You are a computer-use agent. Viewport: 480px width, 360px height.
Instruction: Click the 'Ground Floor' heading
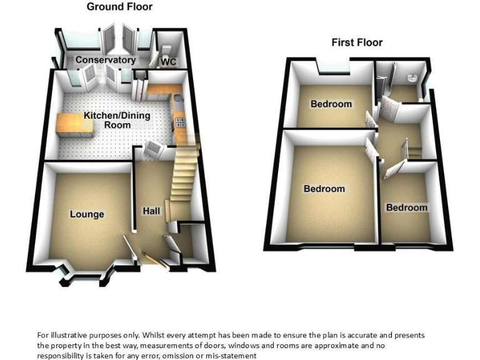[x=119, y=7]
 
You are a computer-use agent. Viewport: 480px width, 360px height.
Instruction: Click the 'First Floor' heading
[x=357, y=42]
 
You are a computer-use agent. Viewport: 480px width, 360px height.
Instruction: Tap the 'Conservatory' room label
[x=106, y=60]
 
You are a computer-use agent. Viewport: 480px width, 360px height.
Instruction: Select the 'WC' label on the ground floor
[x=168, y=62]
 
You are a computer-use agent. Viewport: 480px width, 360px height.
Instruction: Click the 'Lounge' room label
[x=87, y=214]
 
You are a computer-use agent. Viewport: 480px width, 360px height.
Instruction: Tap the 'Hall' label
[x=152, y=211]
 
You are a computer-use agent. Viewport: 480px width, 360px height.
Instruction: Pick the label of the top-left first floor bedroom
[x=331, y=104]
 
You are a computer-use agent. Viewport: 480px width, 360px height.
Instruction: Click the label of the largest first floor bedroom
[x=324, y=189]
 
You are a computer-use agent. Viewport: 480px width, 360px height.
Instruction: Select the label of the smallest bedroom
[x=406, y=207]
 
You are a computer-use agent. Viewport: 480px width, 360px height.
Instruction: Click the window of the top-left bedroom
[x=331, y=65]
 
